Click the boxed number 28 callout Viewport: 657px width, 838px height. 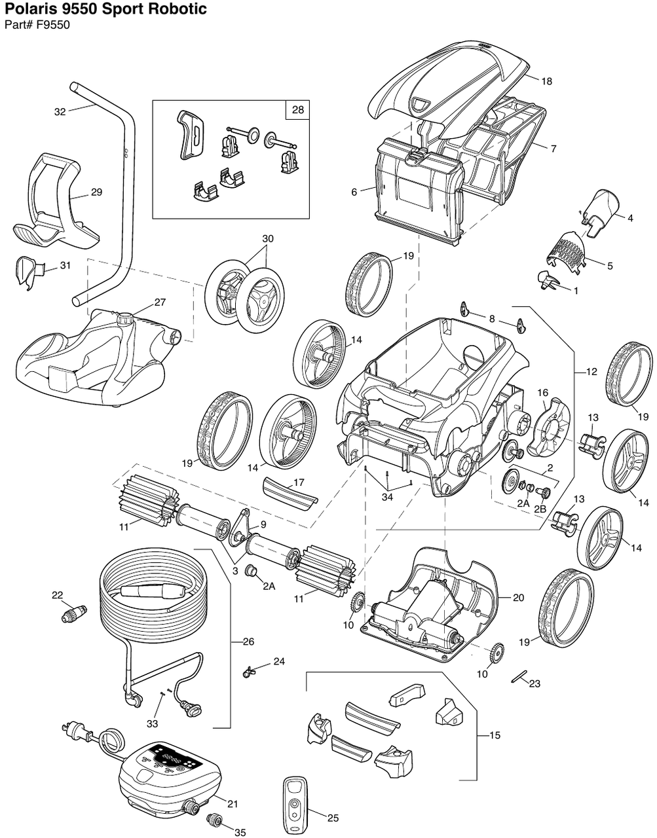pos(297,110)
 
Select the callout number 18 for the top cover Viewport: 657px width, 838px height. pos(547,81)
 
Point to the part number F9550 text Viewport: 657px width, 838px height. pos(53,26)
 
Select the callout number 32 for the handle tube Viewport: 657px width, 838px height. pos(60,112)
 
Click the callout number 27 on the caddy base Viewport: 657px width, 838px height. pos(160,302)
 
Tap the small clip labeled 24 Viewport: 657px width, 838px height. pos(252,669)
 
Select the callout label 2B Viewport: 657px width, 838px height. pos(540,509)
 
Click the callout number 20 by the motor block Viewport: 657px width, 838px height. pos(518,598)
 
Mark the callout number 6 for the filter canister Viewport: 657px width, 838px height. pos(354,192)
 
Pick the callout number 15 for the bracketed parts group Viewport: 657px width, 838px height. pos(495,736)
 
